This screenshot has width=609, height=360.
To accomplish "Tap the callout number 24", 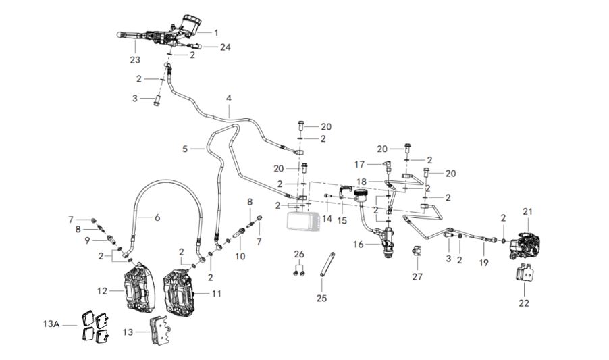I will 225,47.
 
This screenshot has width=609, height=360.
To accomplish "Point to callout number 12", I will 102,291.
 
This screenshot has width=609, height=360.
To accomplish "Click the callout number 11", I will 216,293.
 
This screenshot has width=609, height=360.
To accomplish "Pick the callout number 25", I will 321,298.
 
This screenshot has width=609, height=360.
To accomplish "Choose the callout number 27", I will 417,277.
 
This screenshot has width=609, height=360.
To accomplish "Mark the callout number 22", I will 524,303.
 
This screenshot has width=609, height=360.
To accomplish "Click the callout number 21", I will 527,212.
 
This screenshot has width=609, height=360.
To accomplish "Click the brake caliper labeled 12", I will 138,289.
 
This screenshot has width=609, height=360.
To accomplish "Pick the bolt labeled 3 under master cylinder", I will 155,99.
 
